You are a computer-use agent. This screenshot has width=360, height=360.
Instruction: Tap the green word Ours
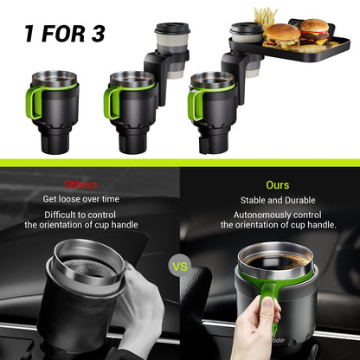pos(277,184)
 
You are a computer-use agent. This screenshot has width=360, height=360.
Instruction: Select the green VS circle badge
pos(180,267)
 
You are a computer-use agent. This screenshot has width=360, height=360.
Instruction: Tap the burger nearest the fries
pos(281,35)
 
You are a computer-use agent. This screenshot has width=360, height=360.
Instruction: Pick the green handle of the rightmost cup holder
pos(194,101)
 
